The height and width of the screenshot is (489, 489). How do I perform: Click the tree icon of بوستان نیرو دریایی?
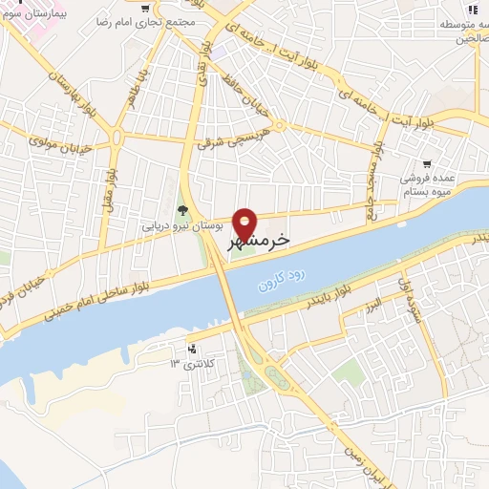tap(181, 210)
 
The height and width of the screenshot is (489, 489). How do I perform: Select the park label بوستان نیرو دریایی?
tap(181, 227)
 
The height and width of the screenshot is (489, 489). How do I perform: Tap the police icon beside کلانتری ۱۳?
tap(194, 349)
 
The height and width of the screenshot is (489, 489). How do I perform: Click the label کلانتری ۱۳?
tap(194, 364)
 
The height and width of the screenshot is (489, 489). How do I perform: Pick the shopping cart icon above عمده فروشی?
tap(425, 163)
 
